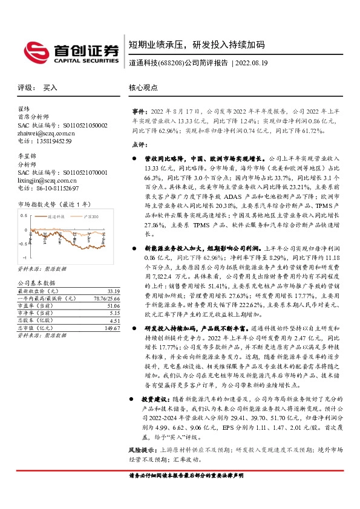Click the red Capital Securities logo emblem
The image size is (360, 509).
click(x=34, y=51)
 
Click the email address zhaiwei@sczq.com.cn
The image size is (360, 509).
click(x=47, y=133)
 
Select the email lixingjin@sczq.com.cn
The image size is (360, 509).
click(x=47, y=180)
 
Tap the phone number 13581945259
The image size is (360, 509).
click(x=53, y=141)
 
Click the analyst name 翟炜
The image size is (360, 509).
click(x=24, y=109)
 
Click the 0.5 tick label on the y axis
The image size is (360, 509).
click(x=24, y=215)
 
